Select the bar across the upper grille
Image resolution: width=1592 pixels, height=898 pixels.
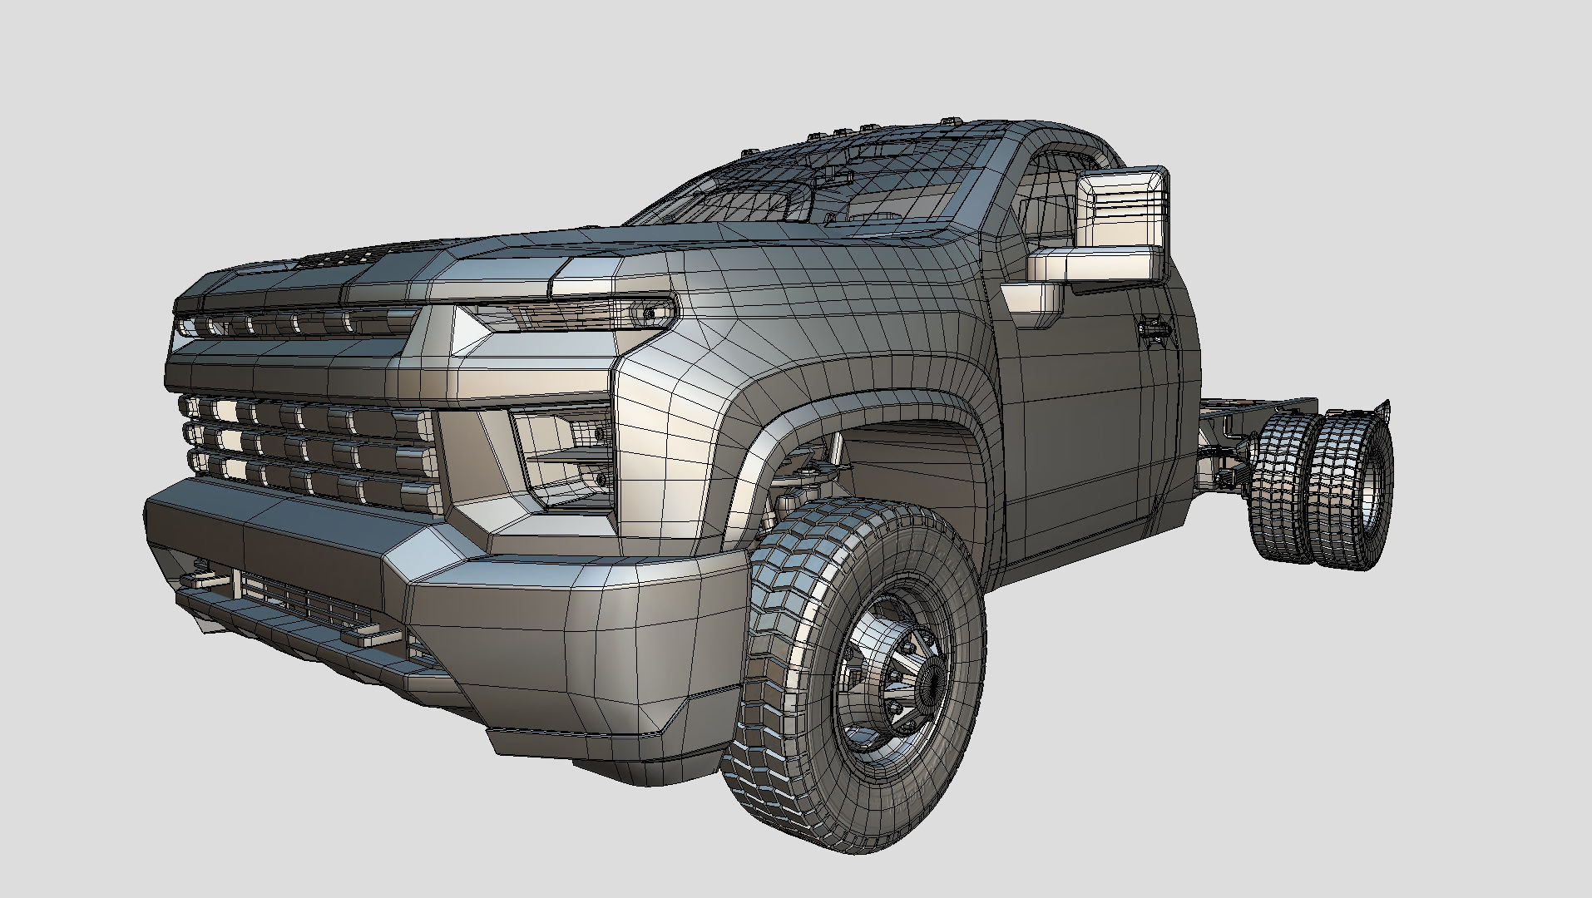coord(291,323)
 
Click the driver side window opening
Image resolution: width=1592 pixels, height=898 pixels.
coord(1050,208)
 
